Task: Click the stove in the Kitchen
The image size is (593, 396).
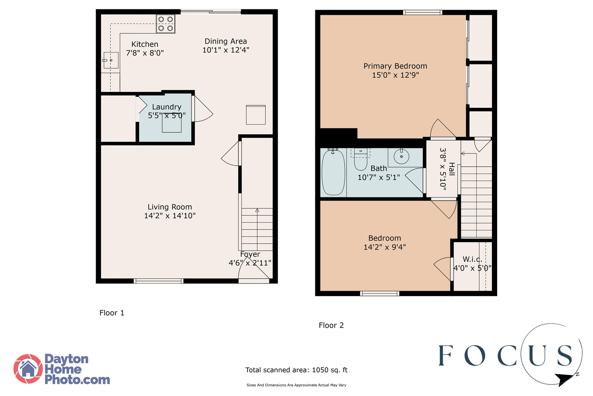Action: tap(165, 23)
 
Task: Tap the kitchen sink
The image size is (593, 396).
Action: tap(111, 60)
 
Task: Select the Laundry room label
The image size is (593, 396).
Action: tap(167, 107)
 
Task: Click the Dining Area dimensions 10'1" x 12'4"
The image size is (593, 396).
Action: tap(226, 50)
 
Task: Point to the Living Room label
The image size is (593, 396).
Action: tap(170, 207)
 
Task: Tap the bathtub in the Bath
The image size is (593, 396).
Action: tap(333, 172)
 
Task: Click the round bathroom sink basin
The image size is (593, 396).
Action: tap(401, 157)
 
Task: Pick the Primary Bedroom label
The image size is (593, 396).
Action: tap(395, 66)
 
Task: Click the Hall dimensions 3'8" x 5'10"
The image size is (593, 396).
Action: tap(443, 169)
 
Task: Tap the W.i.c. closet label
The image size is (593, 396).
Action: tap(472, 259)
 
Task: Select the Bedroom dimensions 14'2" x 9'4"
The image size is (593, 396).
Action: tap(385, 247)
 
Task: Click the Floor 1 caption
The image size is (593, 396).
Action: tap(112, 313)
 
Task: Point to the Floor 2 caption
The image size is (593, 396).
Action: tap(331, 325)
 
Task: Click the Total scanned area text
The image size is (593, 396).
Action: tap(296, 370)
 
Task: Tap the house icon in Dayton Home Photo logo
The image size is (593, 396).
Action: tap(28, 369)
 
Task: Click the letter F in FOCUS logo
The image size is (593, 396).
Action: tap(445, 355)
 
